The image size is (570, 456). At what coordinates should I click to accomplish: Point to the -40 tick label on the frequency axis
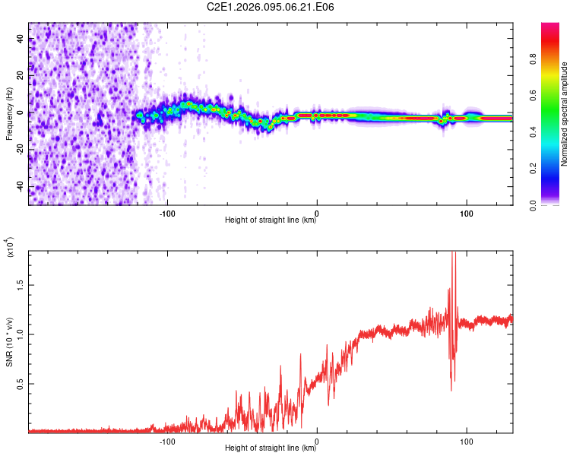tap(20, 187)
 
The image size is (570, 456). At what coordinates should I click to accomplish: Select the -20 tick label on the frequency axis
tap(20, 150)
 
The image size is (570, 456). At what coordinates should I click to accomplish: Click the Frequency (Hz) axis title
tap(9, 113)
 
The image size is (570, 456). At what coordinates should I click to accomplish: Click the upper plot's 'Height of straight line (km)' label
tap(271, 220)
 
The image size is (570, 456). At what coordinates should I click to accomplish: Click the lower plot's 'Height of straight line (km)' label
tap(271, 448)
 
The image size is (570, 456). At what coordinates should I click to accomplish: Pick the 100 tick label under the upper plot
tap(466, 213)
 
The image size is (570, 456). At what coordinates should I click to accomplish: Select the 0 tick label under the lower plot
tap(317, 441)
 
